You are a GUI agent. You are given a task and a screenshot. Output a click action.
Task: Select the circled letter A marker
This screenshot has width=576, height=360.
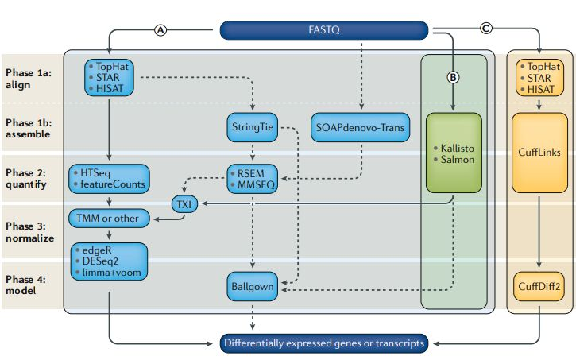(x=161, y=30)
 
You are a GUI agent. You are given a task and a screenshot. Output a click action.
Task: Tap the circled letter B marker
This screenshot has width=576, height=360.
(x=453, y=77)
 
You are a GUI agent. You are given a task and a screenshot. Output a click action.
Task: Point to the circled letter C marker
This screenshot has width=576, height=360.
(x=486, y=30)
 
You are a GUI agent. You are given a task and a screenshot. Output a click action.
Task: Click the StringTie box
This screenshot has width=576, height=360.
(x=252, y=127)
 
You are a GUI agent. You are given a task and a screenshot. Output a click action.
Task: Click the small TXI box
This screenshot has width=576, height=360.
(x=184, y=205)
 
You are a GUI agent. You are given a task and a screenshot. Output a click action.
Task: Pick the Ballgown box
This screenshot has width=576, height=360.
(x=252, y=285)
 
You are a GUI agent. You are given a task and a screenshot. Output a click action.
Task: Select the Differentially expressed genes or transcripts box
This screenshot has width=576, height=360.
(x=325, y=343)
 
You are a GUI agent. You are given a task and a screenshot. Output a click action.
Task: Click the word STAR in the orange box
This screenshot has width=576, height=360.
(x=543, y=79)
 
